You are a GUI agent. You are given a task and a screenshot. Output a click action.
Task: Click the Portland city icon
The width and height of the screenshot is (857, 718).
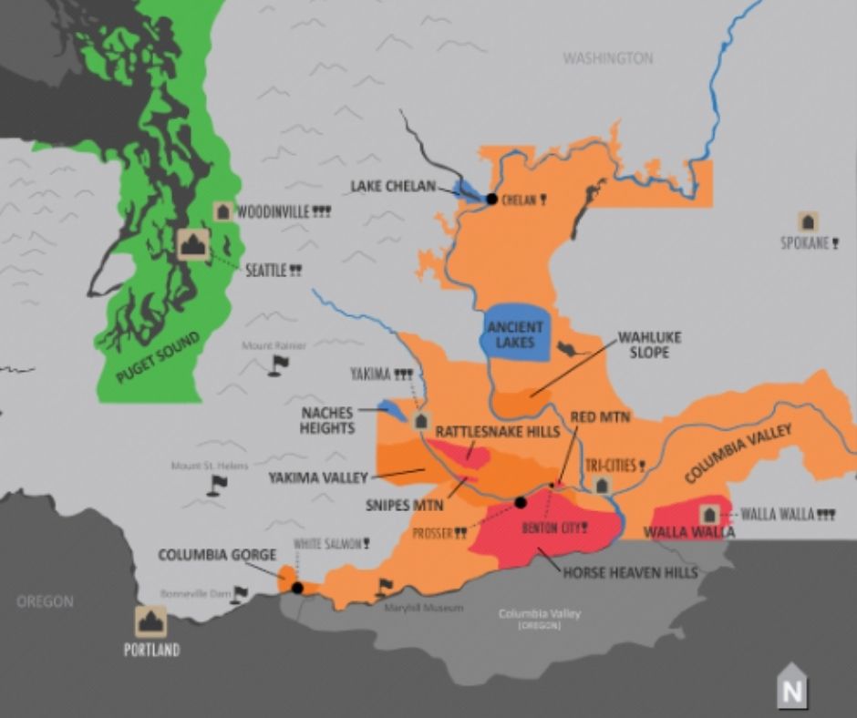pyautogui.click(x=151, y=621)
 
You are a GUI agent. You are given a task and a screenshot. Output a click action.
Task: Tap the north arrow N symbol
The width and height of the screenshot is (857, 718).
pyautogui.click(x=791, y=690)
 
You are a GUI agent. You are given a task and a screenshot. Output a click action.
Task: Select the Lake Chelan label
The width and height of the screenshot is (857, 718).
pyautogui.click(x=393, y=187)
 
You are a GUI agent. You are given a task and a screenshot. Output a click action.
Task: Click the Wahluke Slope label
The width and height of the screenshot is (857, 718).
pyautogui.click(x=649, y=344)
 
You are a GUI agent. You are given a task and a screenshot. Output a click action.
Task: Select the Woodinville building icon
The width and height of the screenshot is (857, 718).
pyautogui.click(x=222, y=211)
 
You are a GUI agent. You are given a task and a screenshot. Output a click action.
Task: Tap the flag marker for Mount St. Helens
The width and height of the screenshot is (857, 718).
pyautogui.click(x=216, y=485)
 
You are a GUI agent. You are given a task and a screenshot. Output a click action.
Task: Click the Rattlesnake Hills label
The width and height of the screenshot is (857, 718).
pyautogui.click(x=497, y=432)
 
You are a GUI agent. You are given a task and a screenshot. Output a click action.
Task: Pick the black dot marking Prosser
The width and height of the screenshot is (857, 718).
pyautogui.click(x=521, y=502)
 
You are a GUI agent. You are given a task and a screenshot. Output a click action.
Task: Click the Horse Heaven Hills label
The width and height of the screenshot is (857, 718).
pyautogui.click(x=630, y=572)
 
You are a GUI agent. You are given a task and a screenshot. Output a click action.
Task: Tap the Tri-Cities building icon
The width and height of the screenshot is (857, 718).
pyautogui.click(x=601, y=485)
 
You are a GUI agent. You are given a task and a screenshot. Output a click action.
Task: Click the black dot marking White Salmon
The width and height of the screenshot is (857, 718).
pyautogui.click(x=297, y=588)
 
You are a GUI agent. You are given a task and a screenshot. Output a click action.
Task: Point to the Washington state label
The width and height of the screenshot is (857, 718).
pyautogui.click(x=607, y=58)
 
